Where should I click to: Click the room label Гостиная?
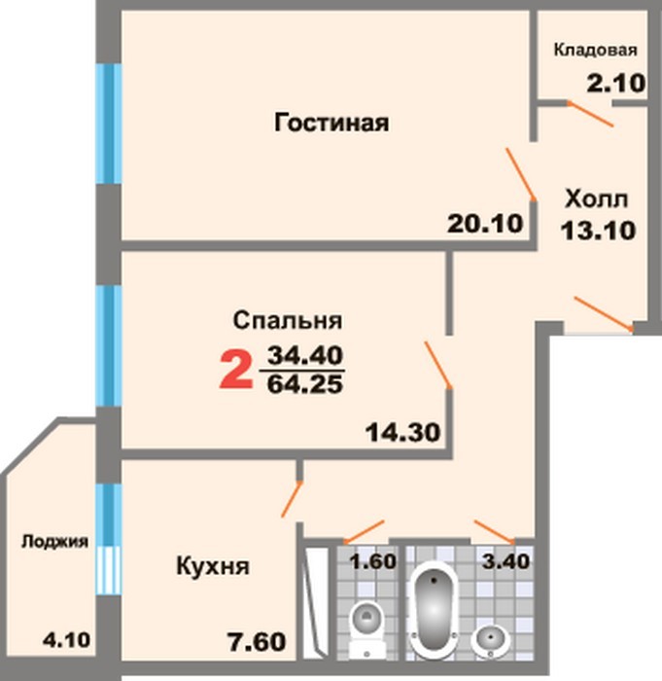pos(331,123)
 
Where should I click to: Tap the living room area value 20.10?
pos(485,224)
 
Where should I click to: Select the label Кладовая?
pos(596,51)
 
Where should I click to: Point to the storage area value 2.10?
pos(616,83)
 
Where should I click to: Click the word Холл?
pos(597,199)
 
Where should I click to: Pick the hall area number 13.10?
pos(598,231)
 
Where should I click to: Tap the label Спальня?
pos(288,321)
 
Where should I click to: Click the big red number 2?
pos(235,370)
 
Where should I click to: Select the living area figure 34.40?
pos(305,356)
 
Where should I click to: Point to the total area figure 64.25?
pos(305,384)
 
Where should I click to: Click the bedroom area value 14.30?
pos(402,432)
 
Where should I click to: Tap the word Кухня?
pos(213,566)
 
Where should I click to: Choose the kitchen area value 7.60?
pos(257,642)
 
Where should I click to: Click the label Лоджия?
pos(55,542)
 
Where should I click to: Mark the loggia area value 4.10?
pos(66,640)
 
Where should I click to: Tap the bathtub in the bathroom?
pos(435,608)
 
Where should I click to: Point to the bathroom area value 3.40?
pos(505,561)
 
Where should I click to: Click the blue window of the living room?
pos(108,124)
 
